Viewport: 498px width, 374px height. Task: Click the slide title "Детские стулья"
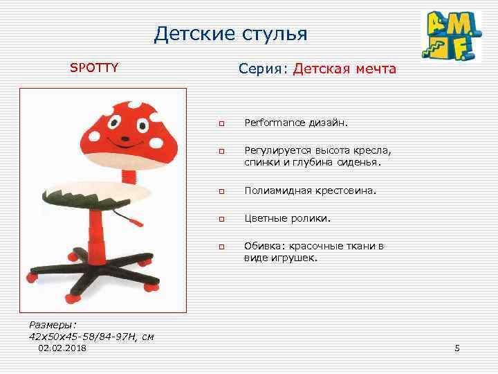pyautogui.click(x=230, y=33)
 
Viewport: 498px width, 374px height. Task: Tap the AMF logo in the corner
pyautogui.click(x=452, y=37)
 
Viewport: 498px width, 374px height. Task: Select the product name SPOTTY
pyautogui.click(x=94, y=68)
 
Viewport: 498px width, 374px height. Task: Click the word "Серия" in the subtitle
pyautogui.click(x=263, y=69)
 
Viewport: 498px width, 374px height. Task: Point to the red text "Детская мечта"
pyautogui.click(x=344, y=69)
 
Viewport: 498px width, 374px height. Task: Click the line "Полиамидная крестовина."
pyautogui.click(x=311, y=190)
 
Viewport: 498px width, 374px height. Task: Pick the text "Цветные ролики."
pyautogui.click(x=287, y=218)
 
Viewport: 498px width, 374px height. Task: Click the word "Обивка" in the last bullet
pyautogui.click(x=263, y=246)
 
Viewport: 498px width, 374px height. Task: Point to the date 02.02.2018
pyautogui.click(x=63, y=348)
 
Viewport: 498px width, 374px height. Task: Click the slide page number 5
pyautogui.click(x=456, y=348)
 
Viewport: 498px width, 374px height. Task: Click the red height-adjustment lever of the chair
pyautogui.click(x=133, y=221)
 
